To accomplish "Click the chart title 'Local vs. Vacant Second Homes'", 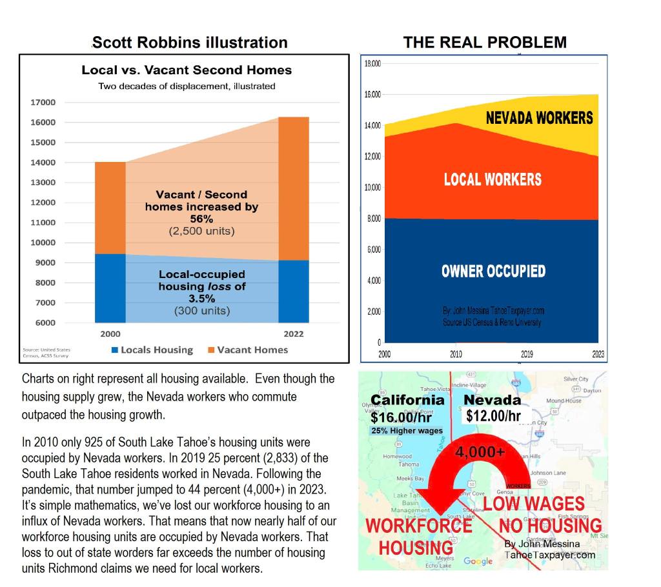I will coord(187,70).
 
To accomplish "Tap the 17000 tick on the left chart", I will coord(44,103).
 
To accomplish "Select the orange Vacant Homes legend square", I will coord(210,350).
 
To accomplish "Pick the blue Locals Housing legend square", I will coord(114,350).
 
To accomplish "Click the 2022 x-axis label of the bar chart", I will coord(293,333).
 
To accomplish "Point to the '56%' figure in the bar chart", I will coord(201,219).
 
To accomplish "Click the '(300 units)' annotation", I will coord(202,311).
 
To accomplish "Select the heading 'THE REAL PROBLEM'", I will coord(485,43).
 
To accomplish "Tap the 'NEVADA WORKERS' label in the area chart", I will coord(539,118).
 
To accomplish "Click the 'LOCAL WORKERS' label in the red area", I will coord(493,179).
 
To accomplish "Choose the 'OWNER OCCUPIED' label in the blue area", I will coord(493,271).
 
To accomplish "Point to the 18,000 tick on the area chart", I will coord(373,64).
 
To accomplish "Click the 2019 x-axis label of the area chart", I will coord(527,354).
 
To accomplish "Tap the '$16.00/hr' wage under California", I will coord(401,417).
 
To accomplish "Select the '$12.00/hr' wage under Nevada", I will coord(493,416).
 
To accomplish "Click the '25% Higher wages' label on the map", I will coord(407,431).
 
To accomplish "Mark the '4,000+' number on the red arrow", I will coord(480,451).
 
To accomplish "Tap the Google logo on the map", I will coord(478,562).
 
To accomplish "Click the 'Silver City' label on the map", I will coord(576,379).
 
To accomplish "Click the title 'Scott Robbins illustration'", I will coord(190,43).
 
